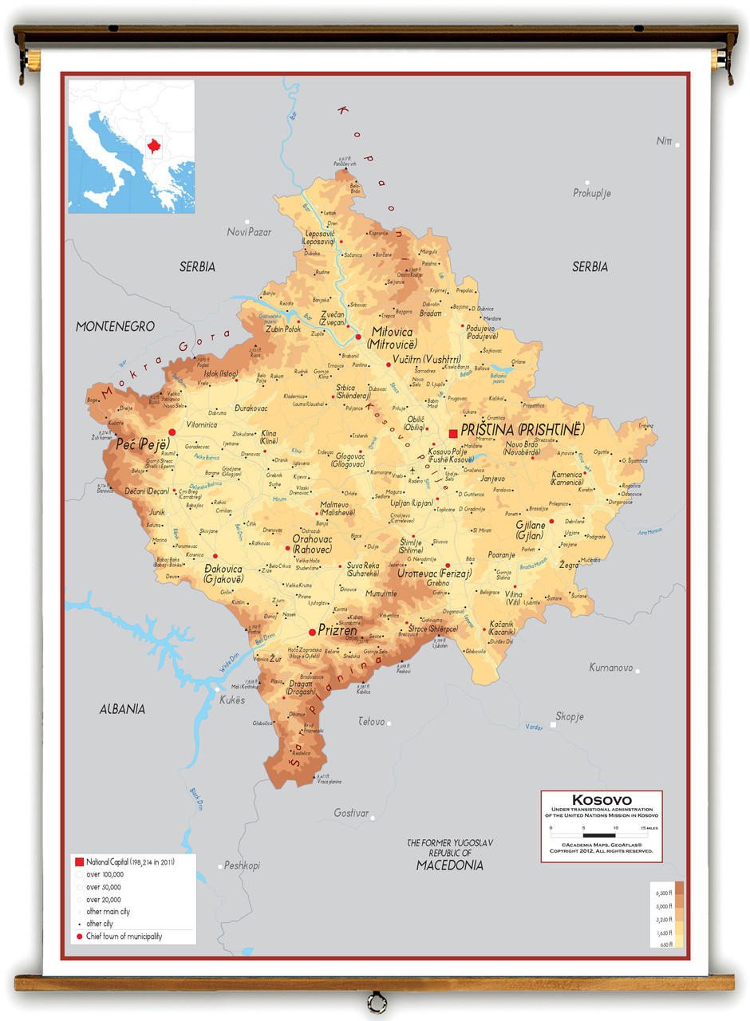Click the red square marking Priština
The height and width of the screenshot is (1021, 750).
coord(453,433)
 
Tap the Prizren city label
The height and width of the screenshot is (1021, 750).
coord(337,630)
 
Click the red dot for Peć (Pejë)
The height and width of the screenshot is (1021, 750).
coord(172,432)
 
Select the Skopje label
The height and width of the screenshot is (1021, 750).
coord(570,716)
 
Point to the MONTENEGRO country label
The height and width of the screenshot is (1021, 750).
coord(115,326)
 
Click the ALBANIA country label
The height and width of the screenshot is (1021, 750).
coord(122,708)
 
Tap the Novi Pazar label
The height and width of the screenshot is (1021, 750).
coord(249,232)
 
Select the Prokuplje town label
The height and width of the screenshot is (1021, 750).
coord(591,193)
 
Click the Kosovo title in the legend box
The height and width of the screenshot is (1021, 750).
coord(602,800)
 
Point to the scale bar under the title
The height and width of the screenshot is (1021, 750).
coord(602,835)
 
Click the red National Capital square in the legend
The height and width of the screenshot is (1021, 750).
coord(79,862)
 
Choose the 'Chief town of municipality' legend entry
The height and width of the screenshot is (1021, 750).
coord(124,936)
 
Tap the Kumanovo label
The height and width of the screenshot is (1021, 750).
coord(610,668)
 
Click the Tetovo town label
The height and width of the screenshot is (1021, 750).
coord(371,722)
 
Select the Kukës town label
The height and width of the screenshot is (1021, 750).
coord(232,700)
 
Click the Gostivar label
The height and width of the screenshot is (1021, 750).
coord(351,814)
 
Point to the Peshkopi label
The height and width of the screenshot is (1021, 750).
coord(242,865)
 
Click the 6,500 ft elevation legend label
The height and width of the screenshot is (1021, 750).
coord(664,893)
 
